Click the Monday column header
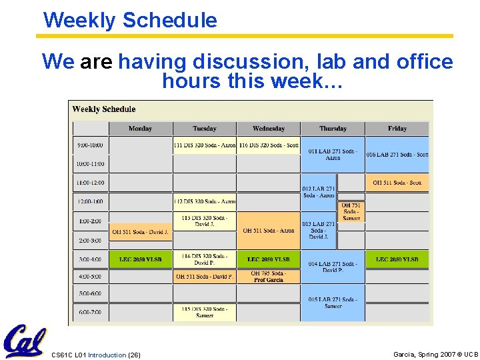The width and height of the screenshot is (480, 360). pyautogui.click(x=140, y=129)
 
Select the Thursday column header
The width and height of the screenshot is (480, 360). pyautogui.click(x=332, y=129)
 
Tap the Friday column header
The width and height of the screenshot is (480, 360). pyautogui.click(x=397, y=129)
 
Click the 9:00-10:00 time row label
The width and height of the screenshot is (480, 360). pyautogui.click(x=90, y=145)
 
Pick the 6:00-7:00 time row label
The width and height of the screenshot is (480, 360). pyautogui.click(x=90, y=312)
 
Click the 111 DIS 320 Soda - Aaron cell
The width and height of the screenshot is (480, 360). pyautogui.click(x=205, y=145)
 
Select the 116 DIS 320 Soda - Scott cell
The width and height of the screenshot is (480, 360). pyautogui.click(x=269, y=145)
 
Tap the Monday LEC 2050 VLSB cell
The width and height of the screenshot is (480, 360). pyautogui.click(x=140, y=259)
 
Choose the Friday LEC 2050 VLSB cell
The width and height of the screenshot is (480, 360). pyautogui.click(x=397, y=259)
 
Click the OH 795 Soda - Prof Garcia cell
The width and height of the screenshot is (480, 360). pyautogui.click(x=269, y=276)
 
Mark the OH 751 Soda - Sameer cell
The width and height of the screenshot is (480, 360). pyautogui.click(x=351, y=212)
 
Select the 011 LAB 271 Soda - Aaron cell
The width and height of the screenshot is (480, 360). pyautogui.click(x=332, y=155)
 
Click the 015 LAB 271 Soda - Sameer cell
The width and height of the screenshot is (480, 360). pyautogui.click(x=332, y=303)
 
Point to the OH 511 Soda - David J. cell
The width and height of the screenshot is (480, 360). pyautogui.click(x=140, y=232)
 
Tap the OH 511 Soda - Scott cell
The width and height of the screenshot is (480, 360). pyautogui.click(x=397, y=183)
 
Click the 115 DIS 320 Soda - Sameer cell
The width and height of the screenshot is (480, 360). pyautogui.click(x=205, y=312)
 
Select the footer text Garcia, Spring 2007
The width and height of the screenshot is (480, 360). pyautogui.click(x=435, y=355)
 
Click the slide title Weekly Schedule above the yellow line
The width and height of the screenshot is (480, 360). pyautogui.click(x=130, y=20)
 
